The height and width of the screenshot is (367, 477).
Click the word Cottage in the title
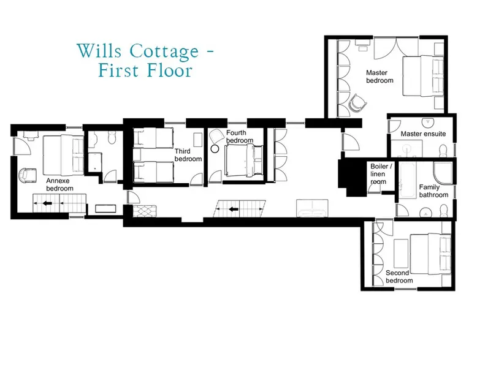164,51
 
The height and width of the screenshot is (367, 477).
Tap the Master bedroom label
380,77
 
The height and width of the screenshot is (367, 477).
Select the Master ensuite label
423,134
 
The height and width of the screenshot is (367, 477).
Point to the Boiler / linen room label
381,174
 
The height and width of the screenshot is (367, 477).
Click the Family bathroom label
433,191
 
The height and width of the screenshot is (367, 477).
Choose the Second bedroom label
399,277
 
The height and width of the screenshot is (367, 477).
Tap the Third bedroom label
188,155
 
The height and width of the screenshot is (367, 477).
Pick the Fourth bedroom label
240,137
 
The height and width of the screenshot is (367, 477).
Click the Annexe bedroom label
59,184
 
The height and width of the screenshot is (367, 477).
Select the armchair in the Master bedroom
358,103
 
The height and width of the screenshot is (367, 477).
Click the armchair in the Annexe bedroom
28,175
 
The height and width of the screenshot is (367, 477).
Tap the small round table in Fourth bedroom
215,149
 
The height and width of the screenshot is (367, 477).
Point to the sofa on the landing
312,208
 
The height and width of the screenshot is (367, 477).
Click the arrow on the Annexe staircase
47,203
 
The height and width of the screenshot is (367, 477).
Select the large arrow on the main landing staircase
234,209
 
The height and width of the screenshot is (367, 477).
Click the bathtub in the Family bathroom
407,180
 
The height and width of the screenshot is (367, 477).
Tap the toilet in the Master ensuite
443,151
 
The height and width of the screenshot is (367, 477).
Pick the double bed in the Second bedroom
430,255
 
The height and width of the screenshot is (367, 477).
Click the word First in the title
119,70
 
